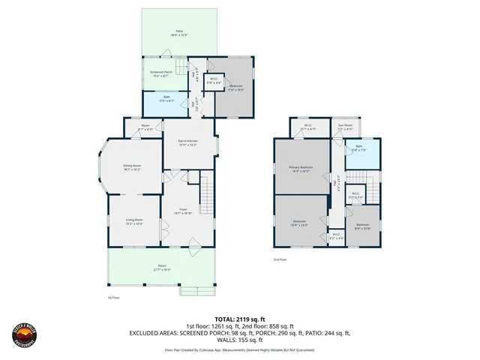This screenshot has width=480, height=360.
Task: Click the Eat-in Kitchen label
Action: point(187,142)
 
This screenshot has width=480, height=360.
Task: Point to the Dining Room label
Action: point(132,168)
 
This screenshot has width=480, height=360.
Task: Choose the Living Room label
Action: point(134,221)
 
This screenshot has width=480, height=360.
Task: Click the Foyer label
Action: point(184,211)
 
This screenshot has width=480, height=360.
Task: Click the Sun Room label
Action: point(345,127)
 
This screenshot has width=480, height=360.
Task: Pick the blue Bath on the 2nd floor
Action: point(359,149)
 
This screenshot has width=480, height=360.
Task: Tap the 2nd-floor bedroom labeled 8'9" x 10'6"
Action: point(362,227)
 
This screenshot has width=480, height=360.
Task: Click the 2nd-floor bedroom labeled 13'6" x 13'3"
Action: point(299,222)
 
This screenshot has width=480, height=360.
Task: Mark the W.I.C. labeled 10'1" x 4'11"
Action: point(308,127)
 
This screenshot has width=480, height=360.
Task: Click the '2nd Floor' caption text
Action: point(280,259)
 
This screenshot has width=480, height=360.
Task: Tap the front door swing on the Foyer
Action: point(193,241)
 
